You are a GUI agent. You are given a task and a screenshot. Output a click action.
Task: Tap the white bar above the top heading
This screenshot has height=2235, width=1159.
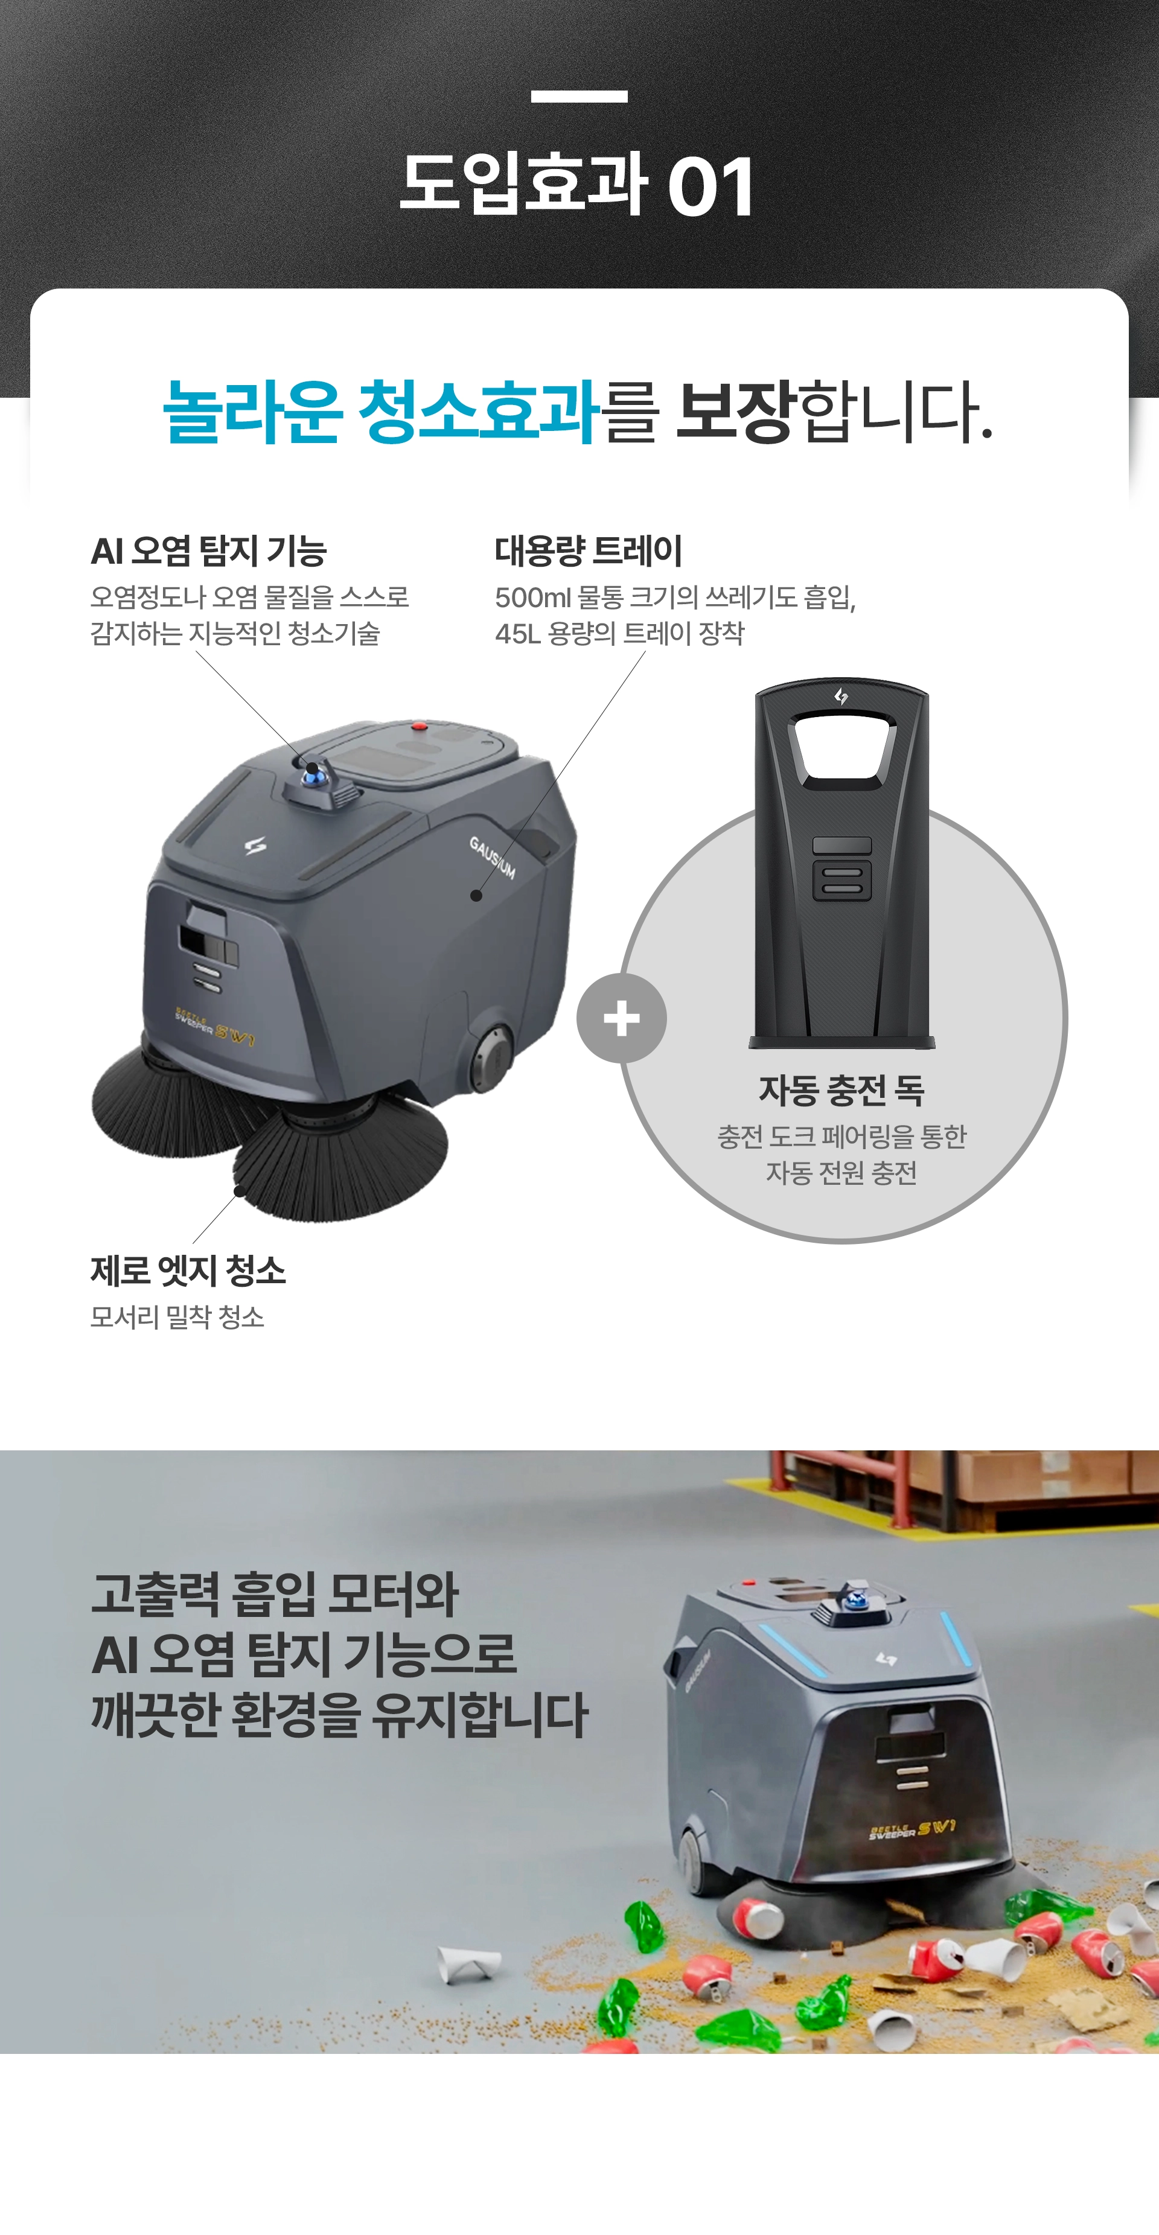coord(579,97)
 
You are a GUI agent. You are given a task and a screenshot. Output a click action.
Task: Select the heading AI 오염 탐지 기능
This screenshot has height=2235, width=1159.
coord(208,550)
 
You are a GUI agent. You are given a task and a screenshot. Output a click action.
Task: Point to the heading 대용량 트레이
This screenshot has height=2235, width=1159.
coord(588,550)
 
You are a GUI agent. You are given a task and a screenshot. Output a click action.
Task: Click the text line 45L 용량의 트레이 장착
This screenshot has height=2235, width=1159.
coord(619,633)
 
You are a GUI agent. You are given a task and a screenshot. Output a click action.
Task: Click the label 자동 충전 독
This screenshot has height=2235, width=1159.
coord(841,1091)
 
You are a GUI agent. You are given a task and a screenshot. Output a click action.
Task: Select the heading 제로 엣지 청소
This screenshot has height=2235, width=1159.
coord(188,1271)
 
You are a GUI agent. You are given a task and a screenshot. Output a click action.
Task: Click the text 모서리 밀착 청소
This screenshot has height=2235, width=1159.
coord(177,1317)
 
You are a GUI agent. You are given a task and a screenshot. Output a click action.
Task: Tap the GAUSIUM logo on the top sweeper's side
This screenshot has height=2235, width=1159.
coord(493,857)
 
